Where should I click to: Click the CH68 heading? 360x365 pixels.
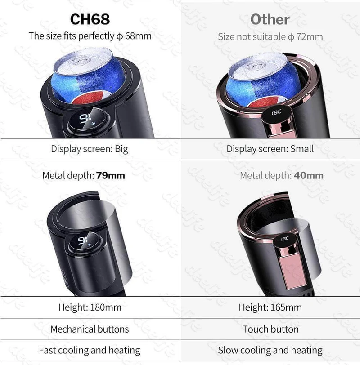click(x=90, y=19)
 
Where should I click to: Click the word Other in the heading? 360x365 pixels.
click(x=270, y=19)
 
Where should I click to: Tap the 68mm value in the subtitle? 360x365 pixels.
click(x=138, y=36)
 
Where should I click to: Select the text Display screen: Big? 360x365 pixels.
click(x=90, y=149)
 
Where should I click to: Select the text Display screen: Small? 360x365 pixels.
click(x=270, y=149)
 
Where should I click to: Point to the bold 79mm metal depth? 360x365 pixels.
click(x=110, y=175)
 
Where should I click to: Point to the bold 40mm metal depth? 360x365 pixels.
click(x=309, y=175)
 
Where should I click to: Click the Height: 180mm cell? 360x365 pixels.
click(x=90, y=307)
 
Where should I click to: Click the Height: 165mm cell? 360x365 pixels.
click(x=270, y=307)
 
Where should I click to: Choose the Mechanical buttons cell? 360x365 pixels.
click(x=90, y=329)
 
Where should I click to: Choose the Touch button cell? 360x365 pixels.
click(x=270, y=329)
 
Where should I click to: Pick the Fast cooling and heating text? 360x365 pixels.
click(x=90, y=350)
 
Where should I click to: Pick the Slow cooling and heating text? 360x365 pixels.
click(x=270, y=350)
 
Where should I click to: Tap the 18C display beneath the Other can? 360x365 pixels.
click(x=277, y=113)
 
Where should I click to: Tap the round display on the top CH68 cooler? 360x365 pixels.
click(x=88, y=120)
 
